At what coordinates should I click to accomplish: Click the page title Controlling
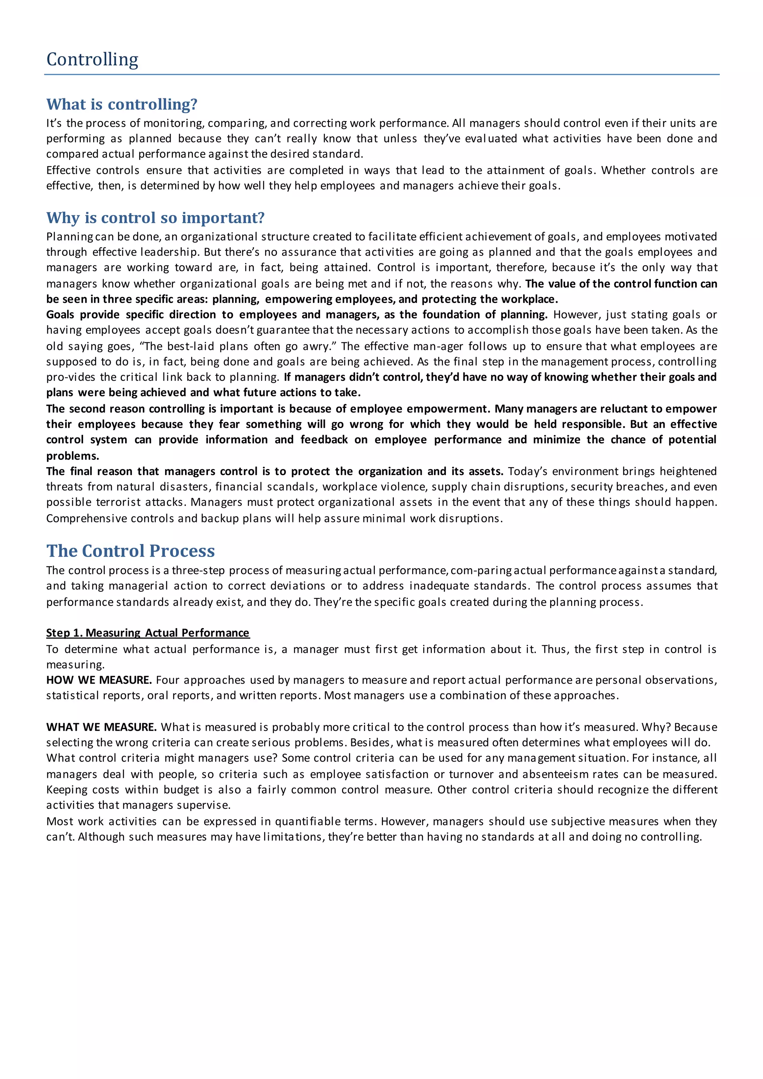click(x=92, y=60)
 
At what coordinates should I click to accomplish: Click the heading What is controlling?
click(x=122, y=104)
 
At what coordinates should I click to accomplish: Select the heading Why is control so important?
click(x=155, y=218)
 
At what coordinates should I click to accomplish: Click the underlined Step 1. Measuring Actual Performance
click(x=148, y=633)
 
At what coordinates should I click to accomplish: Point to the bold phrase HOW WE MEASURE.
click(x=99, y=680)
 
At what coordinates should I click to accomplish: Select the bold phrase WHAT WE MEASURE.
click(x=101, y=727)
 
